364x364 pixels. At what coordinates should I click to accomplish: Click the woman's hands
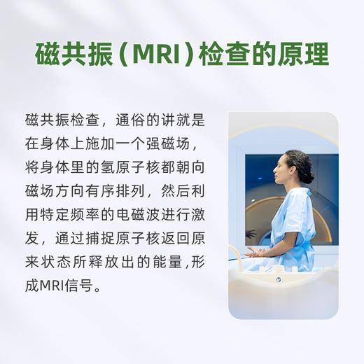(x=255, y=251)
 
